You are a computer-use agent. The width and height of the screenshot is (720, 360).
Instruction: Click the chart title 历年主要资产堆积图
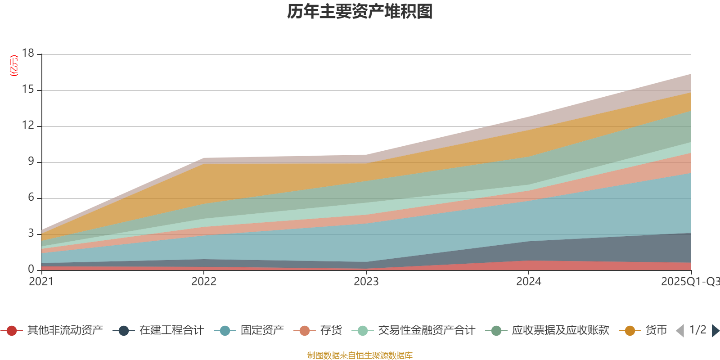point(360,12)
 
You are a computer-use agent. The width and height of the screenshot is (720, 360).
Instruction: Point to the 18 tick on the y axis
point(28,53)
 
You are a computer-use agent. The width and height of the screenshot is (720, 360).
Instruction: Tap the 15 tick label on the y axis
point(28,90)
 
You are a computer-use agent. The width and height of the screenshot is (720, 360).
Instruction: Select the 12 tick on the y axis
point(28,126)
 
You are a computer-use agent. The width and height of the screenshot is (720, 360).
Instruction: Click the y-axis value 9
point(31,162)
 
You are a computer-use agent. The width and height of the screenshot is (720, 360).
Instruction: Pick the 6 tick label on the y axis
point(31,198)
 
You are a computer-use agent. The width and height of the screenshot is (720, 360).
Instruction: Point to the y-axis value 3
point(31,234)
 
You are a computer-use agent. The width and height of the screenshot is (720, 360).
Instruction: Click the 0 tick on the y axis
point(31,269)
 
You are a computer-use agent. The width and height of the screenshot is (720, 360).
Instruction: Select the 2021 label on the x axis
point(41,282)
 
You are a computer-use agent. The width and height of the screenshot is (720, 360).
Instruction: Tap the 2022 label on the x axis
point(204,282)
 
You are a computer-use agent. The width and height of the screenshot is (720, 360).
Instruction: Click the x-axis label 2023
point(366,282)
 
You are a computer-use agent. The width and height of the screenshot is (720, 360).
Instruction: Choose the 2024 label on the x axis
point(529,282)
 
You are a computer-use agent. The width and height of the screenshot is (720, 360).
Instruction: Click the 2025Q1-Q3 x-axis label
point(689,282)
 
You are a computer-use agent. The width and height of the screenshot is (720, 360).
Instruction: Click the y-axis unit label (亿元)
point(14,66)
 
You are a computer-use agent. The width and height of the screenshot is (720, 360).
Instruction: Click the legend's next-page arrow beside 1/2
point(715,331)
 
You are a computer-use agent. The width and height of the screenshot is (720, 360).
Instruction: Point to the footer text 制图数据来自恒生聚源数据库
point(360,355)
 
